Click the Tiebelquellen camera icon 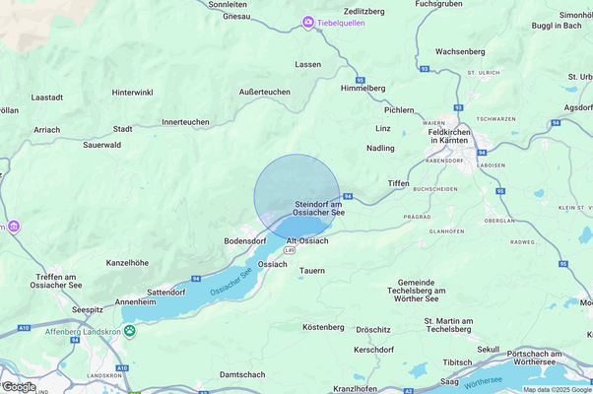tap(308, 22)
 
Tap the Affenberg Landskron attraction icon tap(130, 332)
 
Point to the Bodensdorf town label tap(245, 240)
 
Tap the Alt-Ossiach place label tap(306, 240)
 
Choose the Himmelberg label tap(362, 88)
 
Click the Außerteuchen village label tap(265, 92)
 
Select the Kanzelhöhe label tap(127, 263)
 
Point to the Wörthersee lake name tap(484, 378)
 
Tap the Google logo tap(19, 386)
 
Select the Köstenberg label tap(322, 326)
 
